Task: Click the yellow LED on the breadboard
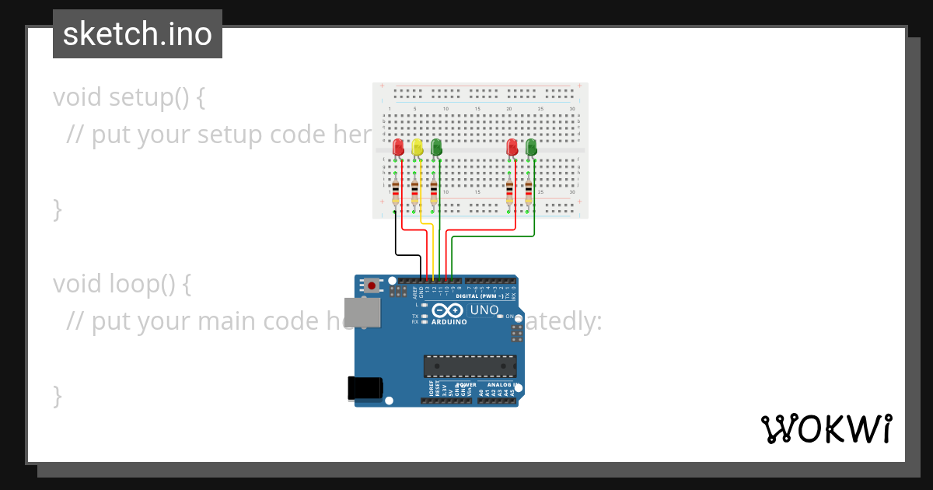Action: pyautogui.click(x=417, y=146)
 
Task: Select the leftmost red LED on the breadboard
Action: pyautogui.click(x=398, y=146)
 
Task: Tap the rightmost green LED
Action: pyautogui.click(x=531, y=146)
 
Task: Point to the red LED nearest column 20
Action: pyautogui.click(x=512, y=146)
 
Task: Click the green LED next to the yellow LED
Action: pyautogui.click(x=436, y=146)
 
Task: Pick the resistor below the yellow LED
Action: pyautogui.click(x=415, y=190)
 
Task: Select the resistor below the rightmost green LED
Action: pyautogui.click(x=529, y=190)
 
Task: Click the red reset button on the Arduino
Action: pyautogui.click(x=372, y=285)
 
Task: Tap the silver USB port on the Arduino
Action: pyautogui.click(x=362, y=312)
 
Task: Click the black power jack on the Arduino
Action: pyautogui.click(x=365, y=387)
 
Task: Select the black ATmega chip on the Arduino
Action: pyautogui.click(x=470, y=366)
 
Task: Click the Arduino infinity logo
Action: pyautogui.click(x=449, y=310)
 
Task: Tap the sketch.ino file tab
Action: pyautogui.click(x=138, y=34)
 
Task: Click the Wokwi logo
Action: pyautogui.click(x=826, y=429)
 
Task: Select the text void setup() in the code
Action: pyautogui.click(x=129, y=97)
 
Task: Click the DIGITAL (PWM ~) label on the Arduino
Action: pyautogui.click(x=478, y=296)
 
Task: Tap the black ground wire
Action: pyautogui.click(x=397, y=241)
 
